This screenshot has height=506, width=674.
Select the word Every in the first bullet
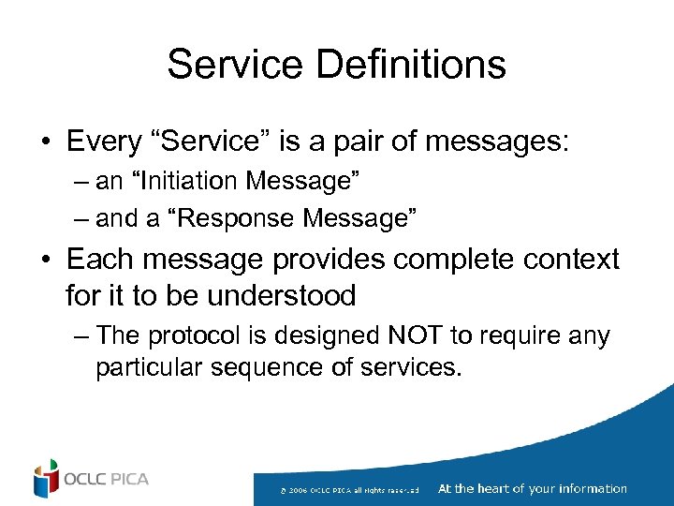[x=103, y=141]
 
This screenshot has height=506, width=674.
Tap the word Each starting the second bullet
[x=99, y=259]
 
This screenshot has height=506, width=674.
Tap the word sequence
[x=275, y=366]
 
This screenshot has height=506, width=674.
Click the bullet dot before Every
[x=44, y=142]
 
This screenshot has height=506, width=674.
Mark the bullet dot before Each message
[x=44, y=260]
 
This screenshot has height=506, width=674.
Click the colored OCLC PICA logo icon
[x=45, y=479]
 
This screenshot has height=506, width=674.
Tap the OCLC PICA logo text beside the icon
[x=106, y=480]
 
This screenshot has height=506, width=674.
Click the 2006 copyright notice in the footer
[x=356, y=489]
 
